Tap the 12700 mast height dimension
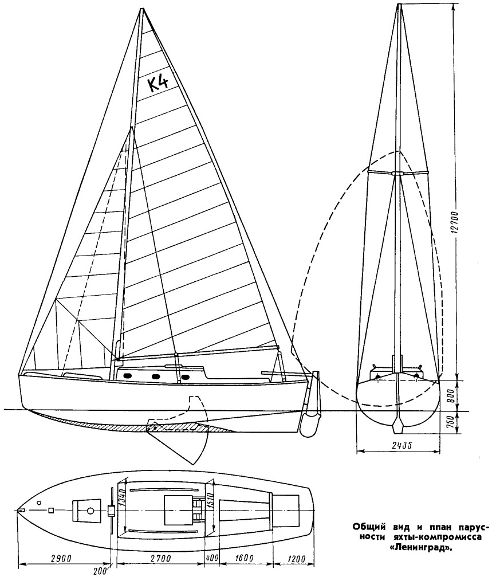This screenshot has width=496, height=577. tap(453, 222)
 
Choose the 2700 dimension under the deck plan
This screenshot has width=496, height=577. tap(161, 559)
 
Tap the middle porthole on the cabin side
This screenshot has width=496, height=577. tap(154, 376)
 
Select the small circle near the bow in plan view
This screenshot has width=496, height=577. tap(40, 503)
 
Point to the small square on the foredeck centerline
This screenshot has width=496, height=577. tap(51, 511)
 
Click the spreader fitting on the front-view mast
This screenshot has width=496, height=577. tap(397, 173)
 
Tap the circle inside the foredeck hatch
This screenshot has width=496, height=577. tap(90, 511)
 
